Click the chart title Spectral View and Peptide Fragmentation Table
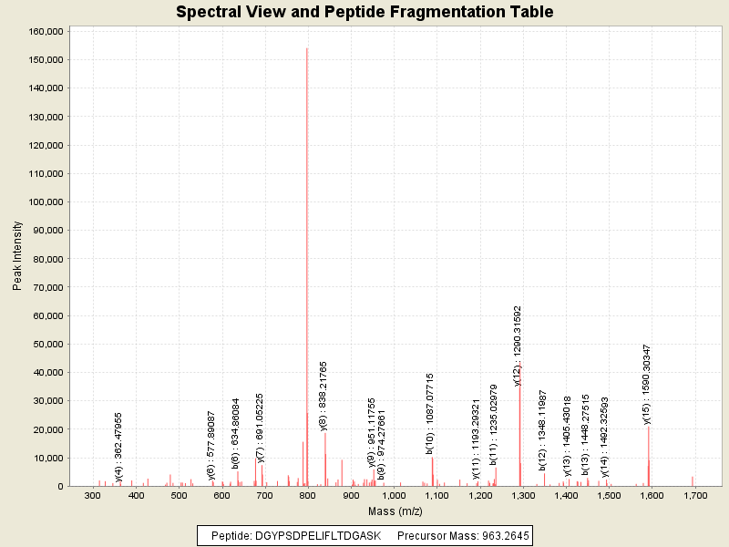point(364,12)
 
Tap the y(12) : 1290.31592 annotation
point(518,346)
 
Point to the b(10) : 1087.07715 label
point(430,412)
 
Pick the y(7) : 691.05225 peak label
point(261,428)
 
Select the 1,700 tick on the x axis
point(695,495)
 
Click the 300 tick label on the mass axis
point(93,495)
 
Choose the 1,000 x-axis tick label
point(394,495)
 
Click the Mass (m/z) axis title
point(395,511)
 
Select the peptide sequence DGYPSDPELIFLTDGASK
point(317,535)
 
